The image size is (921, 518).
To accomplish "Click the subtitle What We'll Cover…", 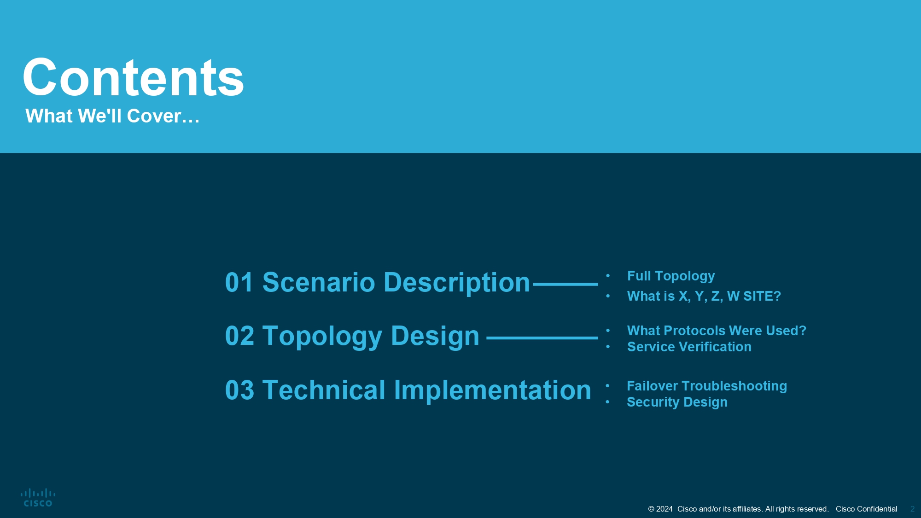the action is (112, 116).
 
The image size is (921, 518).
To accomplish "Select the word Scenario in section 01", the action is (319, 282).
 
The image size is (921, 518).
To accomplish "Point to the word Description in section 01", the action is (457, 283).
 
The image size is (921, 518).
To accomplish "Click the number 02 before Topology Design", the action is (239, 336).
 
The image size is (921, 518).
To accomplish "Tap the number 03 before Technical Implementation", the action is (239, 390).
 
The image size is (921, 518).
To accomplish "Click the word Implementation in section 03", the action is (492, 390).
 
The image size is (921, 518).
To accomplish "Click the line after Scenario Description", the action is (565, 285).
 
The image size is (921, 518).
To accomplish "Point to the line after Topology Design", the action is (542, 338).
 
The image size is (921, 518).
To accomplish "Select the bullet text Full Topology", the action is (671, 276).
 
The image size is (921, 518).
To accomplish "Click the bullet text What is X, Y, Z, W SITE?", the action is (704, 296).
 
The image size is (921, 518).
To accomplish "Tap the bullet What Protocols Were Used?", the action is (717, 331).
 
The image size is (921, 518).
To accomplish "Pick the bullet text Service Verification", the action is (689, 347).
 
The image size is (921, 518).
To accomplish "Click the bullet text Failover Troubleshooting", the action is (707, 386).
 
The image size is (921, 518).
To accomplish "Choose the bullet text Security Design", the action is (677, 402).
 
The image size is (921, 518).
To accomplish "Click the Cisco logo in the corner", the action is (38, 498).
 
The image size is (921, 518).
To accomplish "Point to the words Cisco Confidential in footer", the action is (866, 509).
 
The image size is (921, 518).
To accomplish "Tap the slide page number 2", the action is (912, 509).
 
